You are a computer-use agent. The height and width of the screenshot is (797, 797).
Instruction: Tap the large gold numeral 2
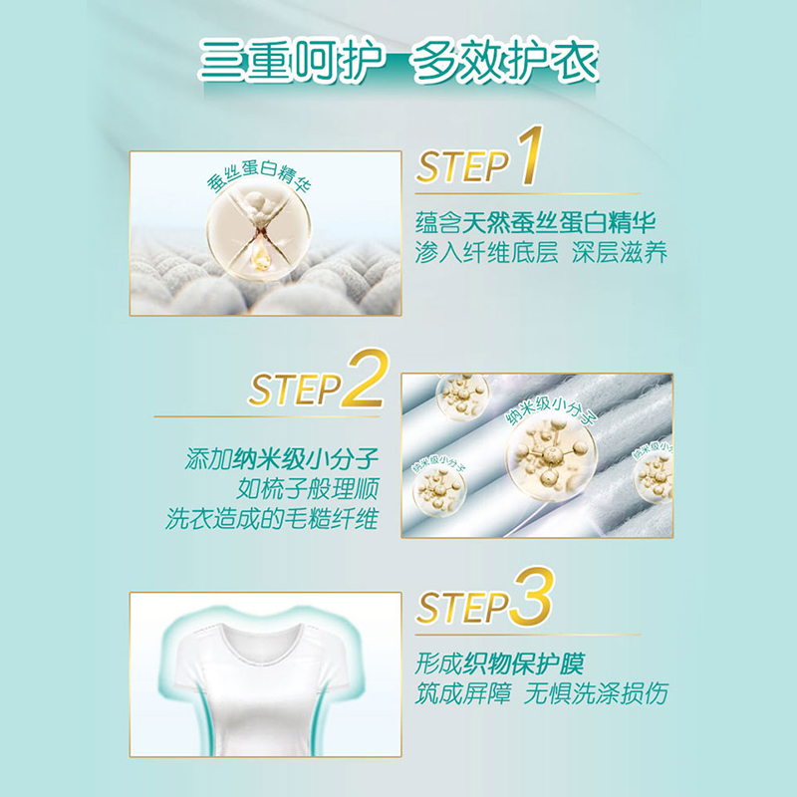[366, 379]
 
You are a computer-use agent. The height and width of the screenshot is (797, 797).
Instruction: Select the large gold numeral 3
[531, 596]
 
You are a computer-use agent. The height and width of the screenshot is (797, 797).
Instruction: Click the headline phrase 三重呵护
[291, 61]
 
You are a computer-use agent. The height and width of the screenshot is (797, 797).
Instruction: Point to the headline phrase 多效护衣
[504, 61]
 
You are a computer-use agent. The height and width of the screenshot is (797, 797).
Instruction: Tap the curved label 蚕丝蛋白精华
[258, 175]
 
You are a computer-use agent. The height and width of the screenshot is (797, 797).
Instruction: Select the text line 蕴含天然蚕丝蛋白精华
[535, 222]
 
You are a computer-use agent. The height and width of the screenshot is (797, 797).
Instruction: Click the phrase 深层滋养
[619, 252]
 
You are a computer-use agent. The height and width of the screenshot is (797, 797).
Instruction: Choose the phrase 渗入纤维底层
[486, 252]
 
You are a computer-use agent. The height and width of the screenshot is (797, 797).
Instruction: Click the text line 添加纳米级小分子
[282, 459]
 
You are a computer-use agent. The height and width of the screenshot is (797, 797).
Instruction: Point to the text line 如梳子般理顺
[308, 489]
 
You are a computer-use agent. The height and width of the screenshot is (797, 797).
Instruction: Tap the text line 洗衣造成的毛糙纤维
[272, 518]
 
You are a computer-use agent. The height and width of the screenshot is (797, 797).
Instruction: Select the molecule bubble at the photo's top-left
[461, 396]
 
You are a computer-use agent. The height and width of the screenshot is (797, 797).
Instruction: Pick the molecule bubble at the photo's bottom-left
[439, 489]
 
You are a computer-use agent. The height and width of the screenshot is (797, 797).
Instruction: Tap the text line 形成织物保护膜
[500, 664]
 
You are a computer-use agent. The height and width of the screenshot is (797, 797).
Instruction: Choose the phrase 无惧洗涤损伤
[596, 693]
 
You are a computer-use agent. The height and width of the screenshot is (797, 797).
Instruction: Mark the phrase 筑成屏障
[462, 693]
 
